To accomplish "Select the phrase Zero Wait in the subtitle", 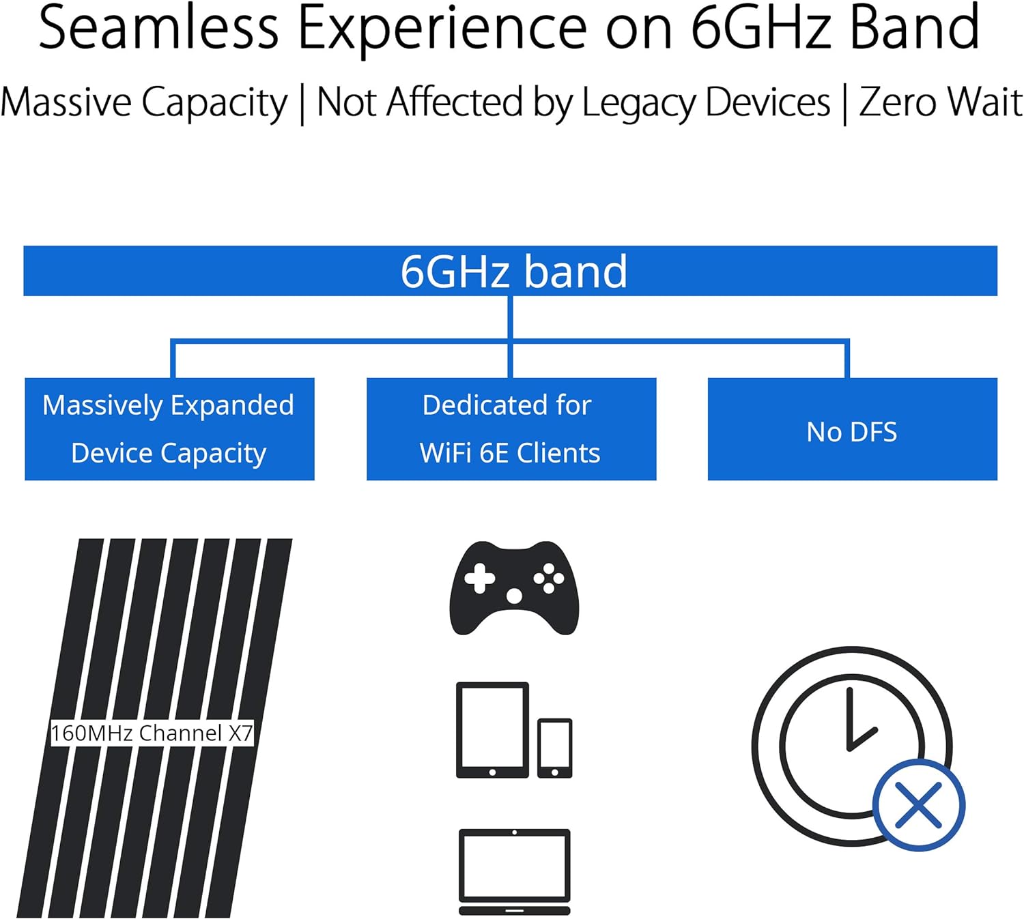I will (x=941, y=102).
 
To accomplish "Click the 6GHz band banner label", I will (x=513, y=272).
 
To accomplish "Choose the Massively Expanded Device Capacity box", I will (x=169, y=429).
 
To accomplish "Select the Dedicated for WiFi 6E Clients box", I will (x=511, y=429).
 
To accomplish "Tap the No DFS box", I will (x=852, y=429).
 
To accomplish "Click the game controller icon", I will (x=514, y=588).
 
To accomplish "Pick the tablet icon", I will (x=492, y=729).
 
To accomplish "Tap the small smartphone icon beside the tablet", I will (x=554, y=748).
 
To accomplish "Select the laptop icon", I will (x=514, y=871).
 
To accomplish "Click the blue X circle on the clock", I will (x=919, y=805).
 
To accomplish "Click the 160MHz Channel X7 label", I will (x=152, y=733).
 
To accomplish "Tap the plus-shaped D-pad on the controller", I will (x=480, y=579).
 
